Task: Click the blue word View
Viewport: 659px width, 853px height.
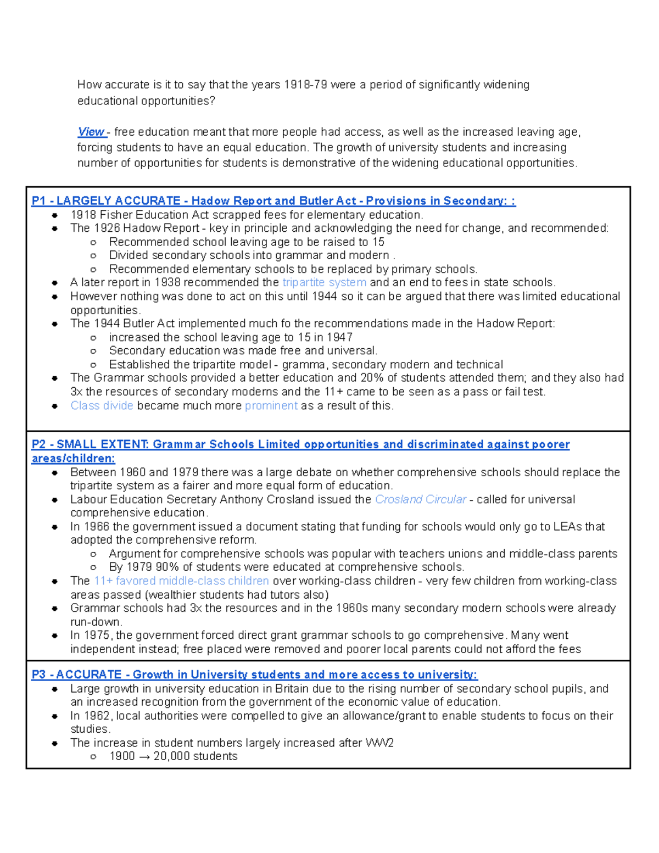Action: click(x=91, y=132)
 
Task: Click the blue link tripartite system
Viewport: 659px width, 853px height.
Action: click(x=324, y=282)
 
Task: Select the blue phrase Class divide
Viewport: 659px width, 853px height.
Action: click(x=102, y=405)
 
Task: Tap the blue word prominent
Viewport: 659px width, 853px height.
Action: click(x=271, y=405)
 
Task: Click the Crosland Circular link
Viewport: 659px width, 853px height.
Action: click(x=420, y=499)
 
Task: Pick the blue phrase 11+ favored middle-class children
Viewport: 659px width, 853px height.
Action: click(x=181, y=581)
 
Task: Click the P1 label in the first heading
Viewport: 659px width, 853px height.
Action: click(x=38, y=200)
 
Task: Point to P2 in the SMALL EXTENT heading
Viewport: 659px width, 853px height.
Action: click(x=38, y=444)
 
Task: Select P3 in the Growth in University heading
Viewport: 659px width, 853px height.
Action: click(x=38, y=674)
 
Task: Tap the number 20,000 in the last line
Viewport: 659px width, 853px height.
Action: click(x=172, y=756)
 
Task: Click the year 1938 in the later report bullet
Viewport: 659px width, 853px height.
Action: click(x=167, y=282)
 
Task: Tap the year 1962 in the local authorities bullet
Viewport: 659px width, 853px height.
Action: click(x=97, y=716)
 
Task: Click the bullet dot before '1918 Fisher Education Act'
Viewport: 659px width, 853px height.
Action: click(x=54, y=215)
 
